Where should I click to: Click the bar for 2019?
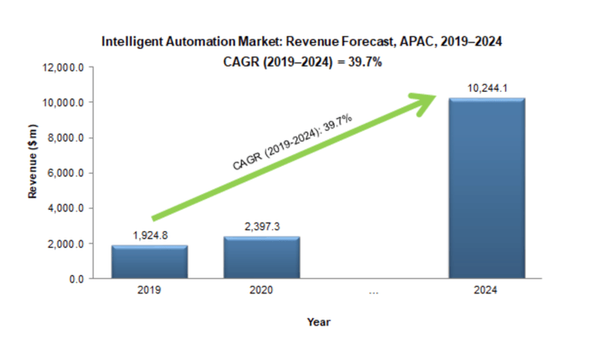pos(150,261)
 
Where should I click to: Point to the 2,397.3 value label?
pos(262,228)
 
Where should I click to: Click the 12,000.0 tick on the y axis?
pos(64,67)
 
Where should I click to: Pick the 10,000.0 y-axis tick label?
pos(64,103)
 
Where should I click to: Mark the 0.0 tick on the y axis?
pos(76,278)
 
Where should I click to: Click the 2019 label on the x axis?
pos(150,290)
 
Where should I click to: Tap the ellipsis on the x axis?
pos(373,291)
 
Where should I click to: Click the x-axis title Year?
pos(319,321)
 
